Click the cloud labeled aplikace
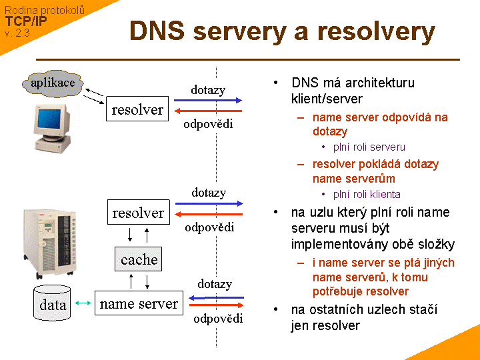[x=53, y=83]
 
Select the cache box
[x=139, y=259]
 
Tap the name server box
[x=139, y=304]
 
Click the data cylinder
[x=53, y=304]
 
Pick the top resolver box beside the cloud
[x=137, y=109]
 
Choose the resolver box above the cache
[x=138, y=213]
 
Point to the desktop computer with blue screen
[x=49, y=127]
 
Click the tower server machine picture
[x=51, y=243]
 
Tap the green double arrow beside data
[x=83, y=304]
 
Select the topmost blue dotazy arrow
[x=207, y=100]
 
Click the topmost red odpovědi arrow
[x=207, y=111]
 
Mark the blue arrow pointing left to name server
[x=216, y=297]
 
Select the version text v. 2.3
[x=17, y=32]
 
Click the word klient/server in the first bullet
[x=327, y=99]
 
